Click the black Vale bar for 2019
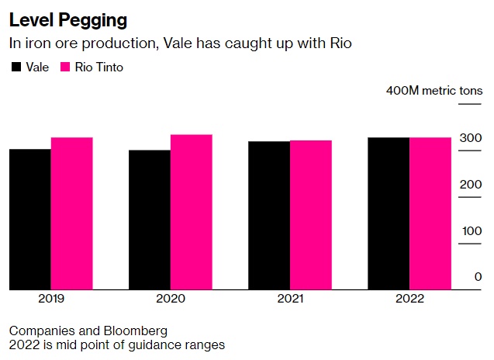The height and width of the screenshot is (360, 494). pyautogui.click(x=30, y=220)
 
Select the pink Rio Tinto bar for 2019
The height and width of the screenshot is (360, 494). pyautogui.click(x=72, y=214)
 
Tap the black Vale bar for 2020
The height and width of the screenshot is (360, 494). pyautogui.click(x=150, y=220)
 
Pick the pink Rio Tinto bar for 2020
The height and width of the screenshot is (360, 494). pyautogui.click(x=192, y=213)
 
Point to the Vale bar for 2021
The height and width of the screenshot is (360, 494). pyautogui.click(x=269, y=216)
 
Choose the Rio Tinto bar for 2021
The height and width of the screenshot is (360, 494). pyautogui.click(x=311, y=215)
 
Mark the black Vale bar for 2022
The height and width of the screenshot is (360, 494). pyautogui.click(x=389, y=214)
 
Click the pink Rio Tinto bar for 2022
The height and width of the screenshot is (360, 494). pyautogui.click(x=430, y=214)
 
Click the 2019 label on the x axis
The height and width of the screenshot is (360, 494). pyautogui.click(x=51, y=299)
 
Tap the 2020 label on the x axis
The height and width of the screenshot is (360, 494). pyautogui.click(x=171, y=299)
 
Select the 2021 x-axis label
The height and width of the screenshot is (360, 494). pyautogui.click(x=290, y=299)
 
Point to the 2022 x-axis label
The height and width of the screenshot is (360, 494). pyautogui.click(x=409, y=299)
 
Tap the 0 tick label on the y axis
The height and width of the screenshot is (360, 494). pyautogui.click(x=478, y=277)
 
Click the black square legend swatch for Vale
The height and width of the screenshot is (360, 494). pyautogui.click(x=15, y=67)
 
